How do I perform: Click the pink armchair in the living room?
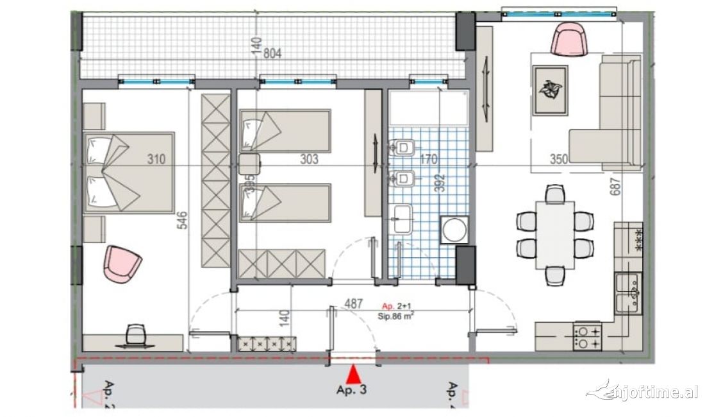pos(570,39)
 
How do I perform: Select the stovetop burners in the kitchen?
pos(588,337)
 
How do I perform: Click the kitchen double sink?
pos(628,292)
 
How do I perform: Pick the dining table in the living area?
pos(555,234)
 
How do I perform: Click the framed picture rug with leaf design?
pos(550,90)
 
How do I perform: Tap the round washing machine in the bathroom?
pos(454,230)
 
